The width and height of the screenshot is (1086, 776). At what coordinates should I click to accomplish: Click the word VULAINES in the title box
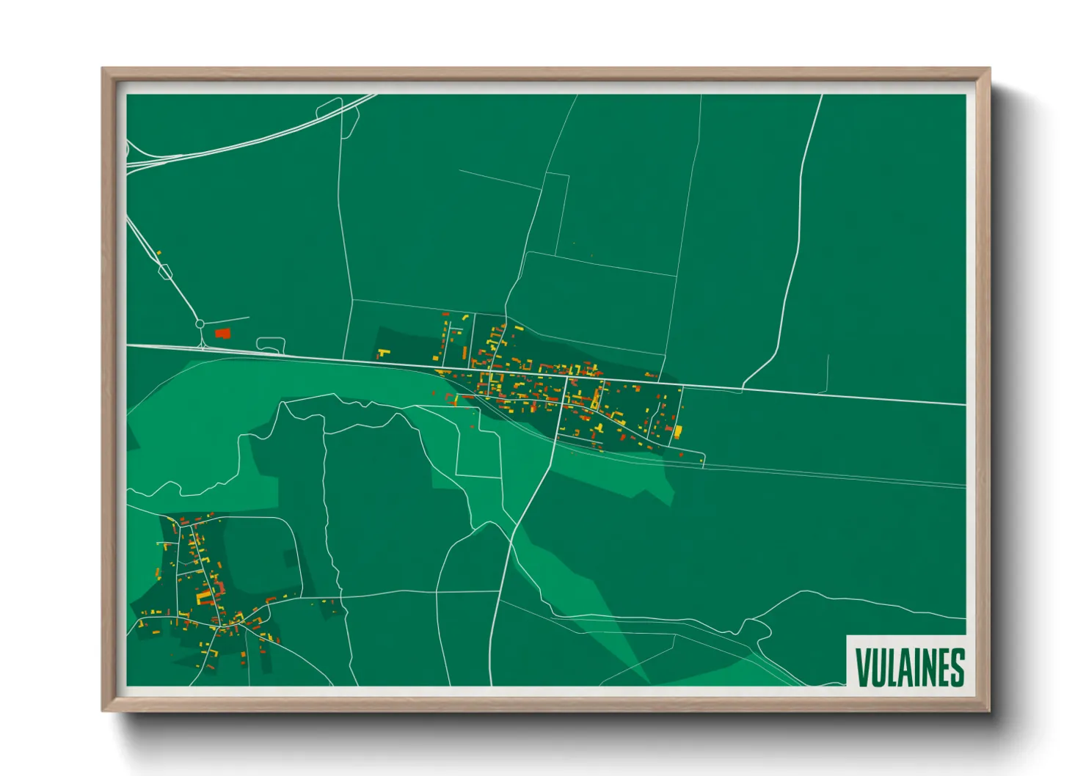pyautogui.click(x=909, y=666)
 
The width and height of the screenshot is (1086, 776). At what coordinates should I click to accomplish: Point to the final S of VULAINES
pyautogui.click(x=956, y=666)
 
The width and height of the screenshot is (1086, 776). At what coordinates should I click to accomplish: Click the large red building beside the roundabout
pyautogui.click(x=222, y=333)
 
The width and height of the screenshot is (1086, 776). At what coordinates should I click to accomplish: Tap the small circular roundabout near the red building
pyautogui.click(x=200, y=323)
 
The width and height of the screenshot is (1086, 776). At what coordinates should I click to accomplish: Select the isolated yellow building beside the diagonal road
pyautogui.click(x=158, y=254)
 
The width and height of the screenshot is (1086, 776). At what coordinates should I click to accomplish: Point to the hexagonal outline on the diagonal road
pyautogui.click(x=164, y=272)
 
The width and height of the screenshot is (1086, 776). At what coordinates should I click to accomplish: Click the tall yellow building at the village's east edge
pyautogui.click(x=678, y=431)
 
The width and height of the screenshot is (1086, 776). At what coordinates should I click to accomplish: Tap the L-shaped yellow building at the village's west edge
pyautogui.click(x=382, y=354)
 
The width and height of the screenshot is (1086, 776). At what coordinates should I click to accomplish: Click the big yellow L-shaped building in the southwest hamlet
pyautogui.click(x=203, y=596)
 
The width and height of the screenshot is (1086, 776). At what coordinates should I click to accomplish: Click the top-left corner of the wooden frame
pyautogui.click(x=103, y=69)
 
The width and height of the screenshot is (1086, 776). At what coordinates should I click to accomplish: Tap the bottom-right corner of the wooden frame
pyautogui.click(x=989, y=711)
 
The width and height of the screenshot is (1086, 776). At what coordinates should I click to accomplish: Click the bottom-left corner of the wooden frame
pyautogui.click(x=103, y=711)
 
